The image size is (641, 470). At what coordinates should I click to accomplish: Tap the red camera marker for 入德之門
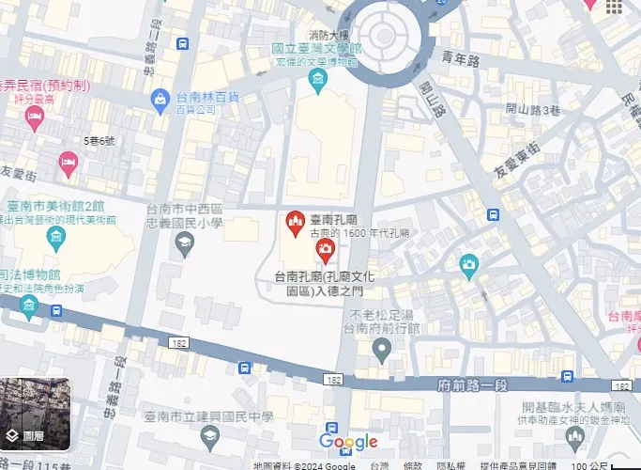point(325,249)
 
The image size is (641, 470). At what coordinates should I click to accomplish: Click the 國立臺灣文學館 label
point(316,48)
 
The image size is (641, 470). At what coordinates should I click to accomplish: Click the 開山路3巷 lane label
point(532,108)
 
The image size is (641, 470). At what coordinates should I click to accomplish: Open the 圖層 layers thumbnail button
point(35,413)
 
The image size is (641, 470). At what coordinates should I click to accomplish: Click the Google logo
point(348,442)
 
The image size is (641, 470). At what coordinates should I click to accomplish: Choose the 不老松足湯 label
point(382,315)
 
